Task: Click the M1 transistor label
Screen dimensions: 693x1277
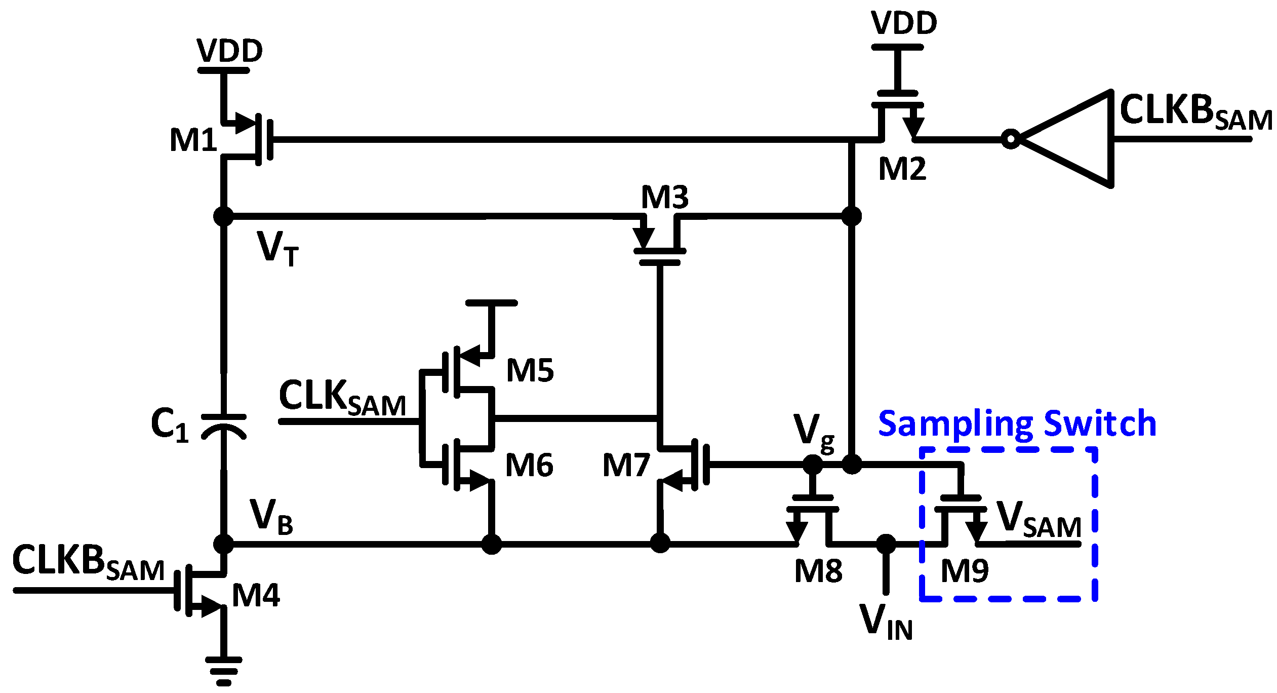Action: click(193, 140)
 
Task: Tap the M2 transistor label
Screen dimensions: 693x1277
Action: click(902, 169)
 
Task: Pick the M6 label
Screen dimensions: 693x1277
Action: click(529, 465)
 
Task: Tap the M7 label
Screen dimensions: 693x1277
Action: click(626, 465)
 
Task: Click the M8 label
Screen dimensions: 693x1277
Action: click(818, 571)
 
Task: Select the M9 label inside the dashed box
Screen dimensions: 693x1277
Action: click(964, 571)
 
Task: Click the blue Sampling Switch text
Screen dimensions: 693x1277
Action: click(1017, 423)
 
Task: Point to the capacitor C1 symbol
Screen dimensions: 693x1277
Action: click(223, 426)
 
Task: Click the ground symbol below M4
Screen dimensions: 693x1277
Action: click(223, 670)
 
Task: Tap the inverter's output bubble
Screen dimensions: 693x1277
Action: click(1011, 139)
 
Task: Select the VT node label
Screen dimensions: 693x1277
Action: click(277, 248)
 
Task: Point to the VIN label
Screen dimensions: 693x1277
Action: click(886, 622)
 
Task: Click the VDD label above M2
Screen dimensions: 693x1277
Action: click(904, 23)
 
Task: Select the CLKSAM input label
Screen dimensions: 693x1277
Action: click(342, 398)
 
